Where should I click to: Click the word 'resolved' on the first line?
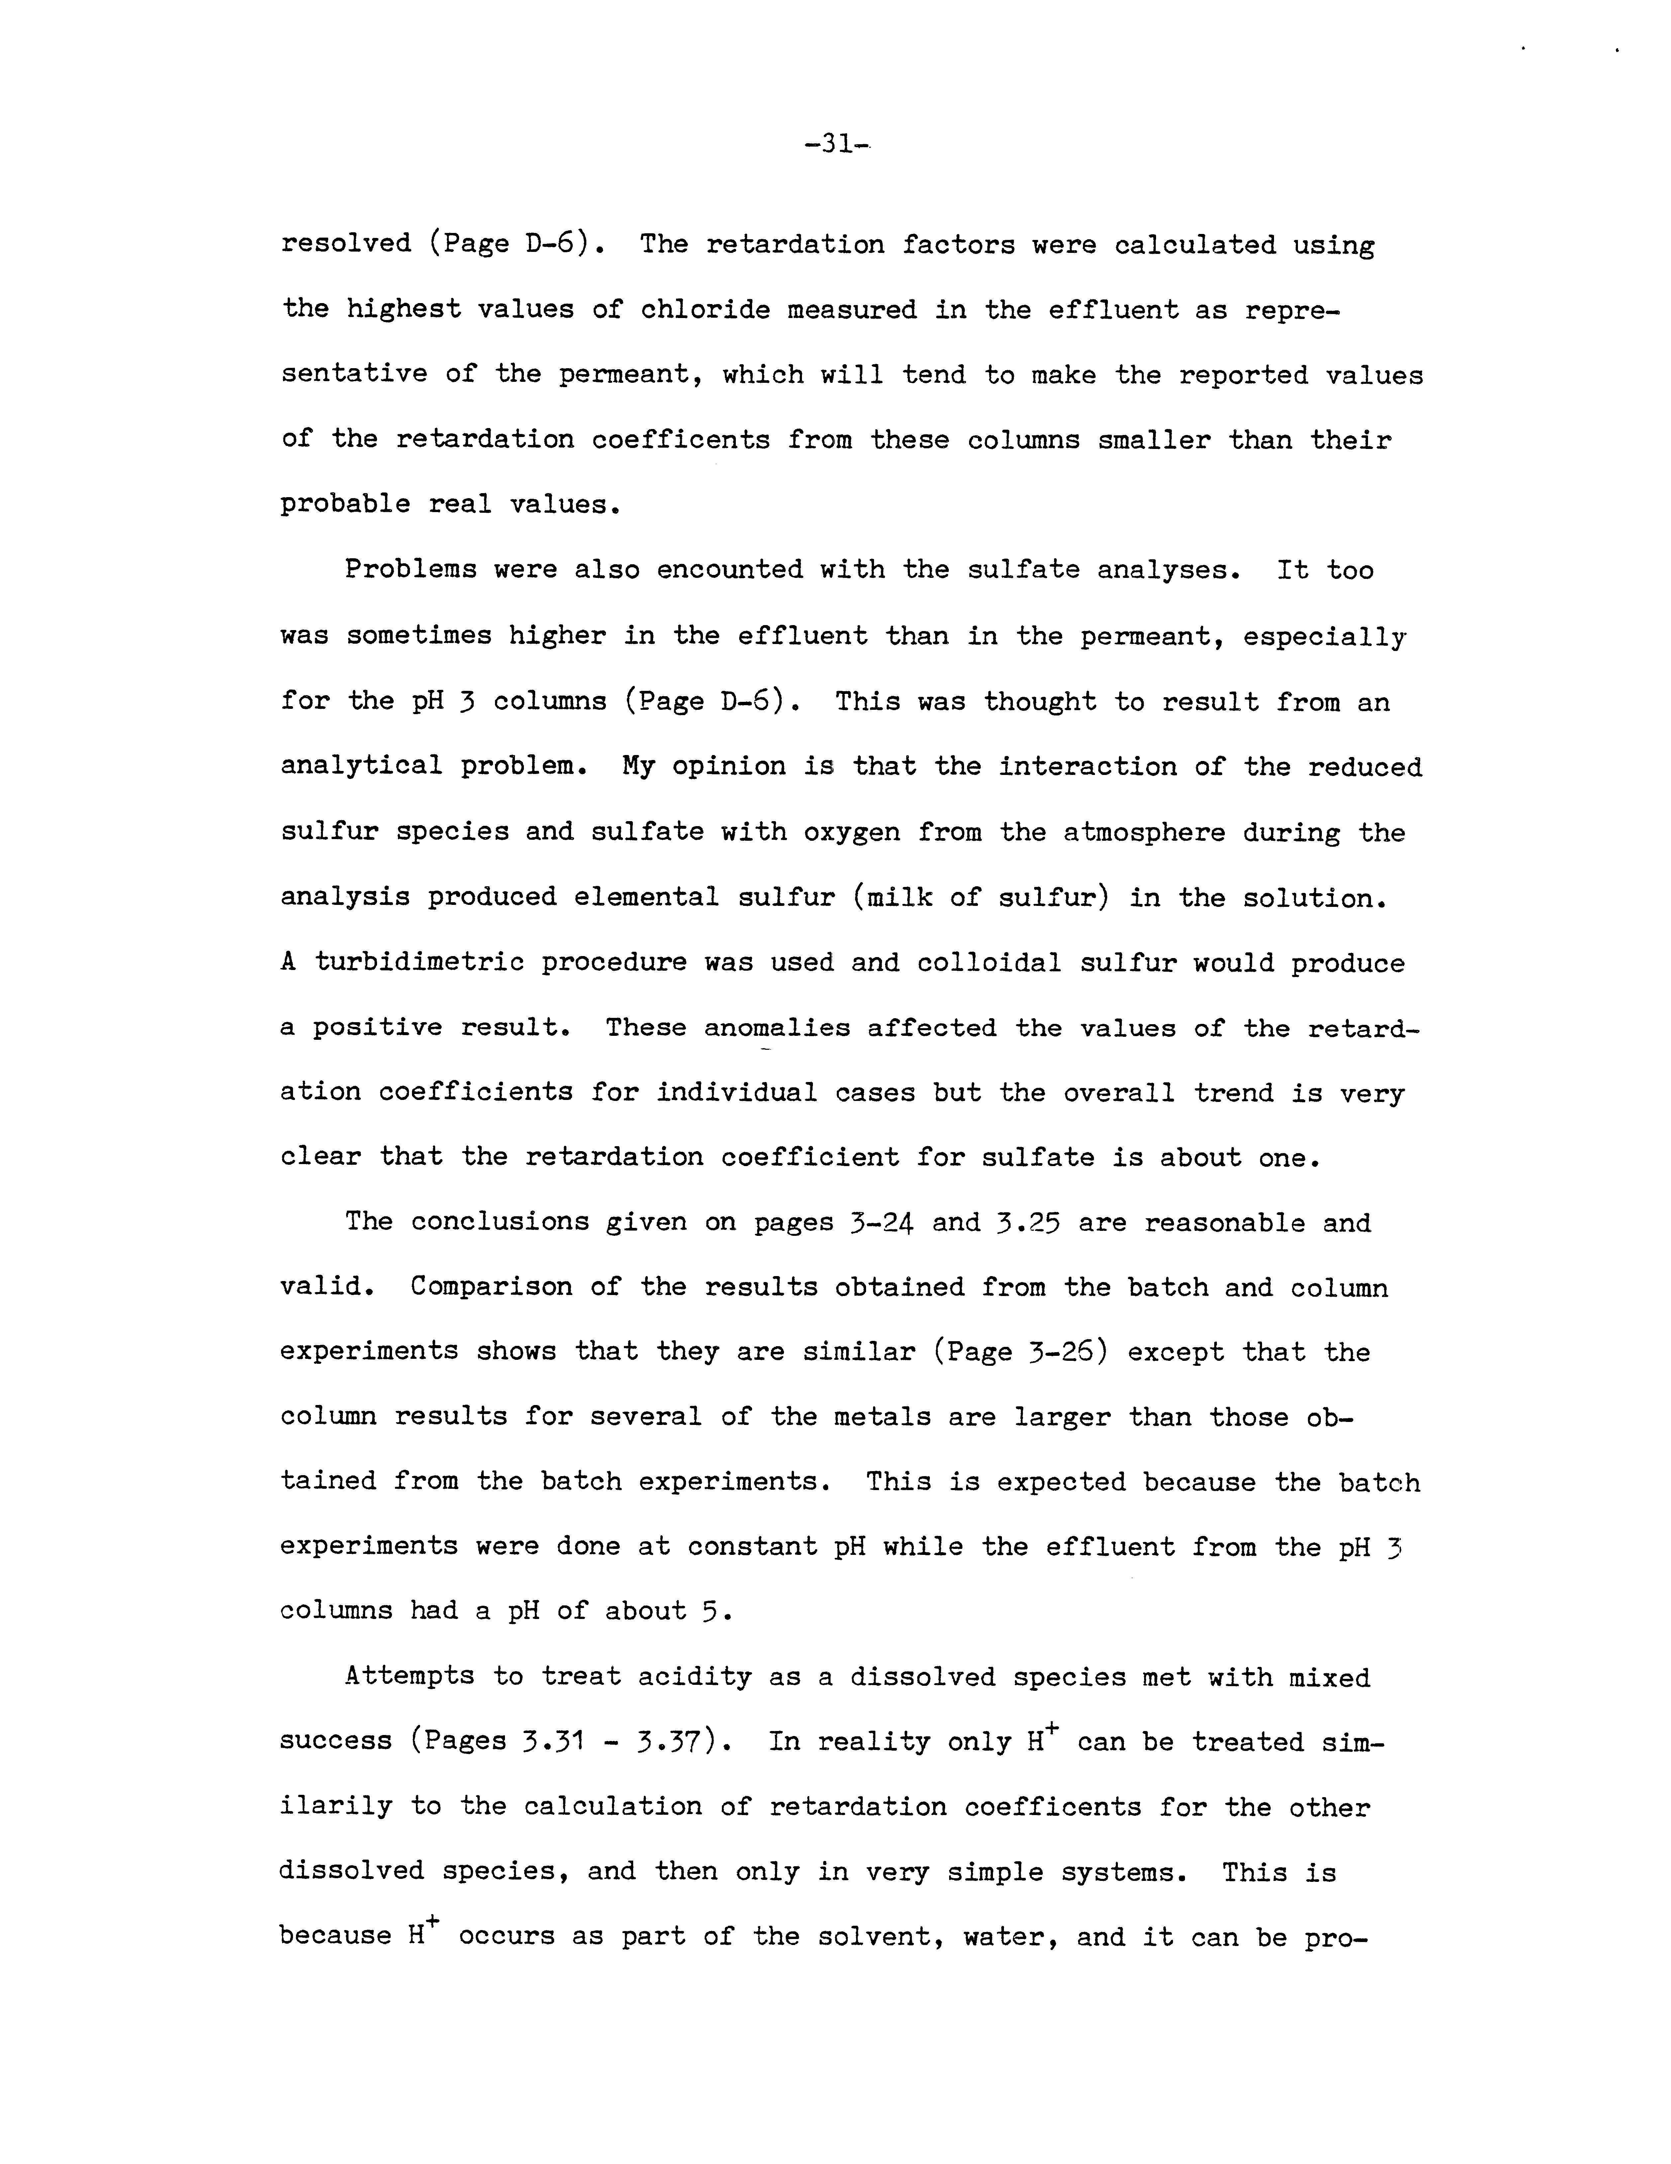[346, 244]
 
